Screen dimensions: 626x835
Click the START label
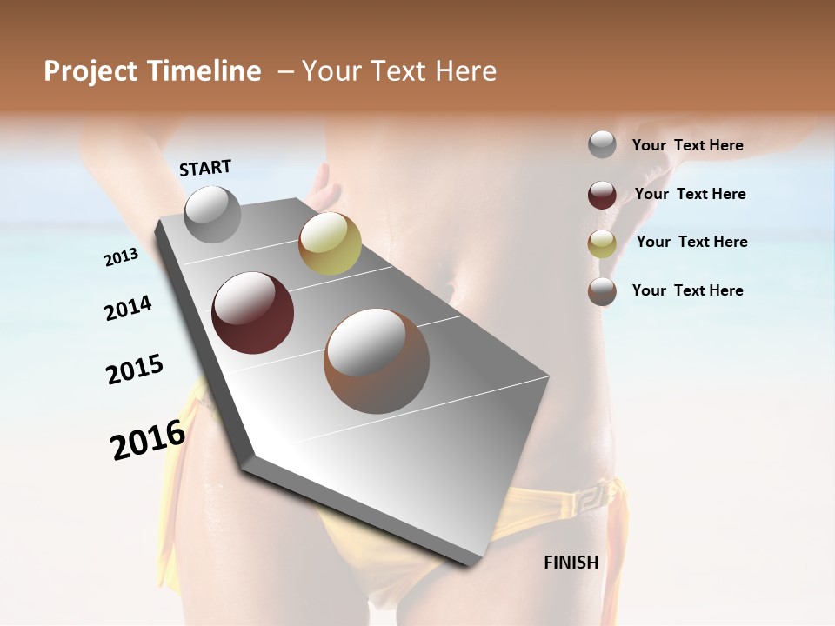tap(205, 168)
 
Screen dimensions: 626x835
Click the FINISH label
tap(571, 563)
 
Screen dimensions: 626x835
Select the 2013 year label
tap(121, 257)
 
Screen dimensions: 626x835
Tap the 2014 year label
tap(128, 309)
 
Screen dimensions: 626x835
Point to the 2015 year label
tap(135, 370)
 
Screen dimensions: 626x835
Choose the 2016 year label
tap(148, 440)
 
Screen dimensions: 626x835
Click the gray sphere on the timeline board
tap(212, 215)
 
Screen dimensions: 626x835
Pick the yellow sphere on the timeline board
tap(330, 243)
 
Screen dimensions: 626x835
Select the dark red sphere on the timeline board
tap(253, 313)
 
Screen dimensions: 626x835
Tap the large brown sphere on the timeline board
tap(377, 361)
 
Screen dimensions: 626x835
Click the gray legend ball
tap(602, 145)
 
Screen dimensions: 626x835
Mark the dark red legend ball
tap(602, 195)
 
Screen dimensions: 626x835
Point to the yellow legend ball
tap(602, 243)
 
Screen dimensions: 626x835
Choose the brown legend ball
tap(602, 291)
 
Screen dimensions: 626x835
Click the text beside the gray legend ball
tap(687, 145)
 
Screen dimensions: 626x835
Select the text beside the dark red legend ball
tap(690, 194)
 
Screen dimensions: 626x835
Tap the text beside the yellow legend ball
tap(691, 242)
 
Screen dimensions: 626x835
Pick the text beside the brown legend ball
tap(687, 290)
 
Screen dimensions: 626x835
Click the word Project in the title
tap(90, 71)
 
